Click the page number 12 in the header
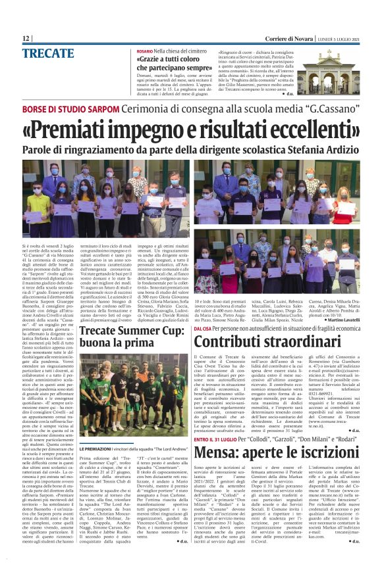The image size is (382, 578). (26, 39)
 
